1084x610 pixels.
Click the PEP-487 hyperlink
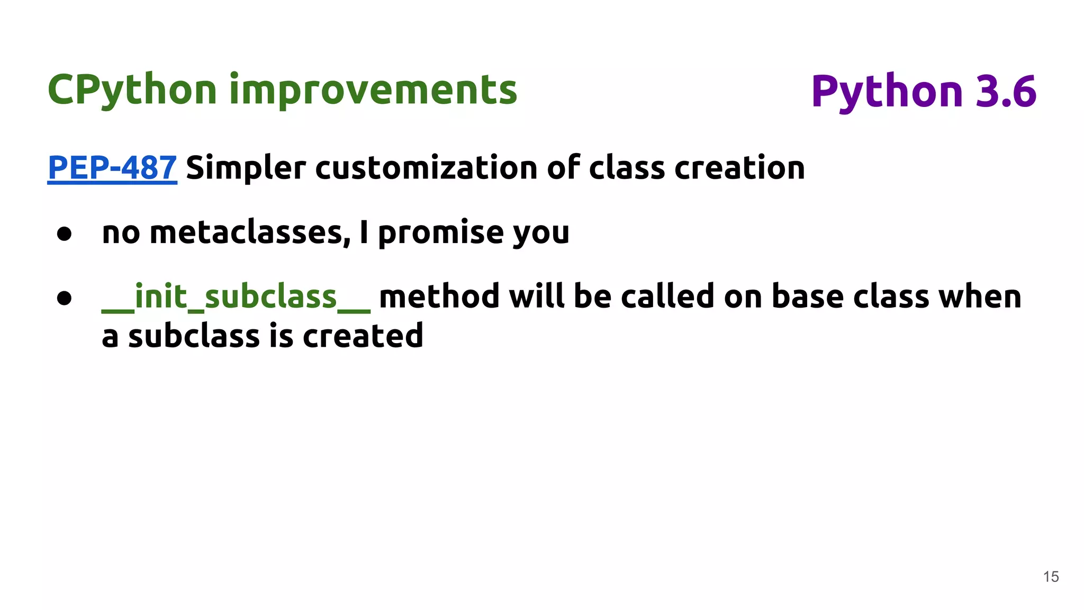tap(112, 168)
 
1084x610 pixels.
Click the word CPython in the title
tap(132, 90)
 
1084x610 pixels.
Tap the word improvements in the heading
tap(373, 90)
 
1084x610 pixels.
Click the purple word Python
tap(887, 92)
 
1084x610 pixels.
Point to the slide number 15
tap(1051, 577)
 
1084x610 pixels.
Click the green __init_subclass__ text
tap(236, 297)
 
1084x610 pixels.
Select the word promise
tap(440, 232)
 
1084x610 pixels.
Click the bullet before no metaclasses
tap(64, 234)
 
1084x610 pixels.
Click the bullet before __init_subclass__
tap(64, 298)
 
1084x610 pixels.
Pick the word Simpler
tap(246, 168)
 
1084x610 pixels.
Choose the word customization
tap(426, 168)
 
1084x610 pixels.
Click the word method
tap(439, 297)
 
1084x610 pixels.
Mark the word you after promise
tap(541, 234)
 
